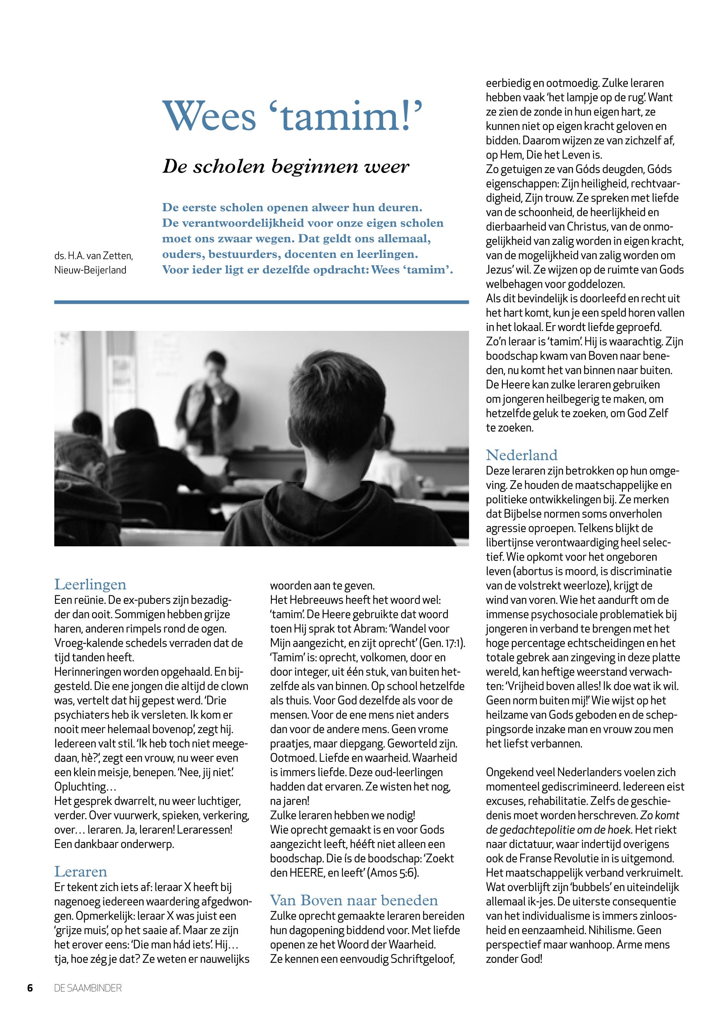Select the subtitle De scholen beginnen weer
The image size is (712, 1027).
(x=286, y=166)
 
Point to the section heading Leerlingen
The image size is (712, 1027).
(x=90, y=584)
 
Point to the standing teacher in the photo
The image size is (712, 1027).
(x=210, y=402)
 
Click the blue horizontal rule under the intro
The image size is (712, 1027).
(x=261, y=302)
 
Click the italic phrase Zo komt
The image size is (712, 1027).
(x=660, y=815)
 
